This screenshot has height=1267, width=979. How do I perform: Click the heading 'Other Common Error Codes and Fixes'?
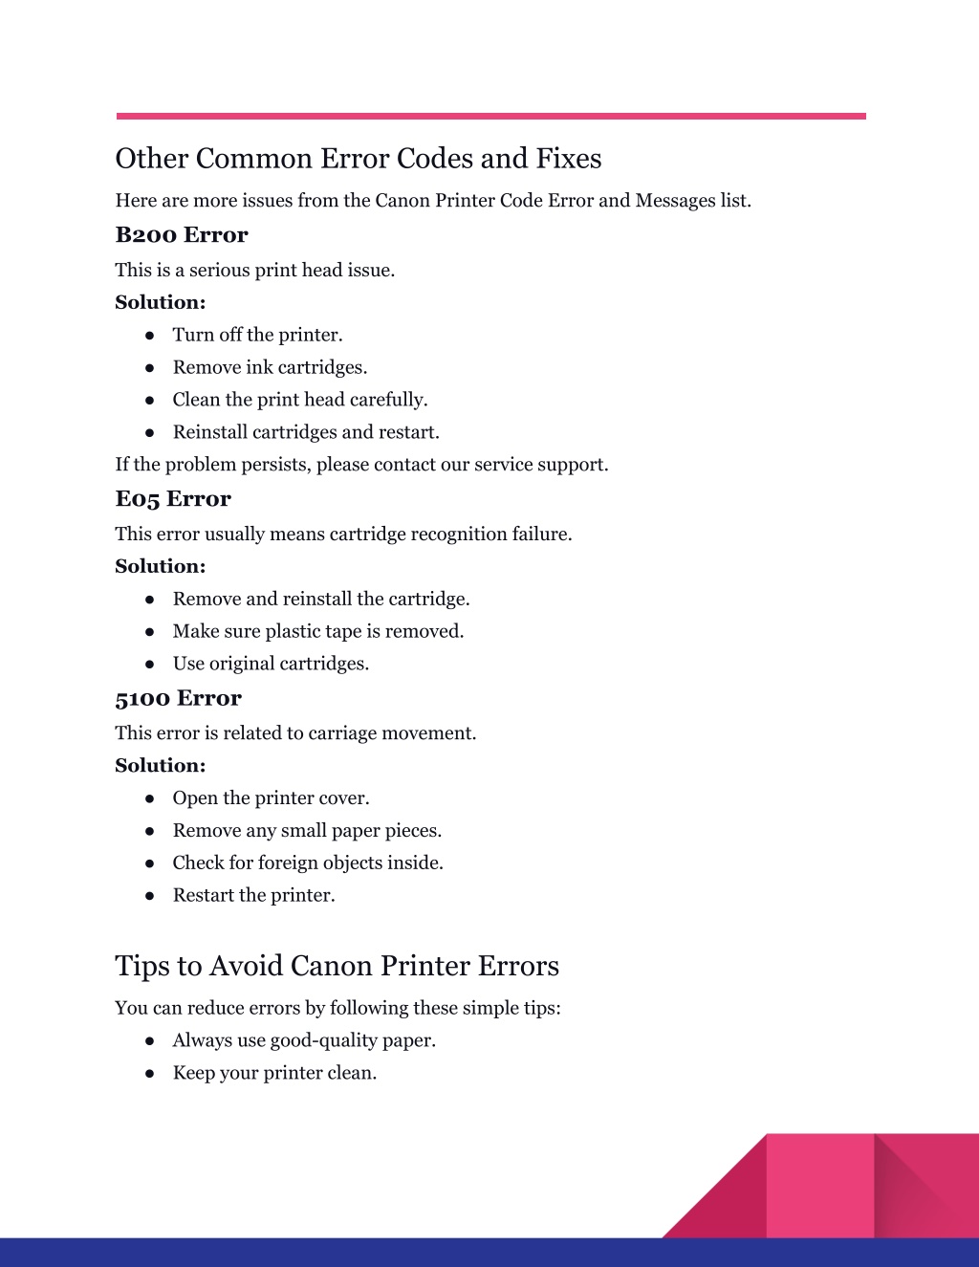coord(359,159)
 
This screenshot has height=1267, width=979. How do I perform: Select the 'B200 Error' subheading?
coord(182,235)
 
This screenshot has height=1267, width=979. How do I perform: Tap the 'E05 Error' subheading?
coord(173,499)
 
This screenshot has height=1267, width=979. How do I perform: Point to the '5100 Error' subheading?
coord(178,698)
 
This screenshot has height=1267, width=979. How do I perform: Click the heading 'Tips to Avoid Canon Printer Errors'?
coord(337,966)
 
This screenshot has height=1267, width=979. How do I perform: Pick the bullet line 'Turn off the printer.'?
coord(257,335)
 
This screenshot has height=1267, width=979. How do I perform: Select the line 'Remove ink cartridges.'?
coord(270,367)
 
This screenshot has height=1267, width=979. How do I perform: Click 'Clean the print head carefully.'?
coord(300,400)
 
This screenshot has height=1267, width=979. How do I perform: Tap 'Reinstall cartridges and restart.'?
coord(306,432)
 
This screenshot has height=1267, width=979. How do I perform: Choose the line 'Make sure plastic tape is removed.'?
coord(318,631)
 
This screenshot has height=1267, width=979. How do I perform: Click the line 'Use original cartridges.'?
coord(271,664)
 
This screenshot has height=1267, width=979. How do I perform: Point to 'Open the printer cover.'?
coord(271,798)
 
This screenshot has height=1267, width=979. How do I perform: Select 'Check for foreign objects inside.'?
coord(308,863)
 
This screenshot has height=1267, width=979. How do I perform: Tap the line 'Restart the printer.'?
coord(253,896)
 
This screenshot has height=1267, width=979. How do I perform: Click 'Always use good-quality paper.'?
coord(304,1040)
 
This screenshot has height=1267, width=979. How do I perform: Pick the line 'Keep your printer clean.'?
coord(274,1073)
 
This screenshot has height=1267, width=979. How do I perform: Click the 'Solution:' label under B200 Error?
coord(161,302)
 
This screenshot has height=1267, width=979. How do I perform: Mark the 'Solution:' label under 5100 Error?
coord(161,765)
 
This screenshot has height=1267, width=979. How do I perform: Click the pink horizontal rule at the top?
coord(490,117)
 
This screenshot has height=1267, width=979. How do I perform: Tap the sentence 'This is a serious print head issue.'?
coord(254,271)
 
